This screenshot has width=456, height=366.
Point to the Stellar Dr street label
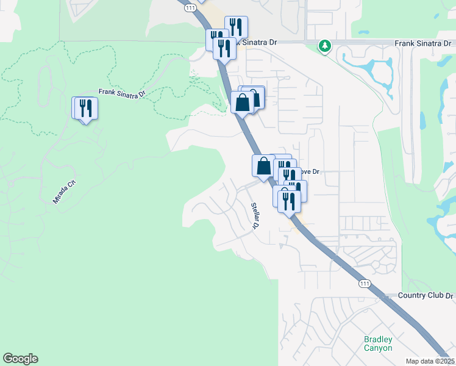255,216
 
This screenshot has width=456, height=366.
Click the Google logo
20,359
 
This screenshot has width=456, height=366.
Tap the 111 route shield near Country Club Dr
365,284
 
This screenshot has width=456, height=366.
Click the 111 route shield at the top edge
191,7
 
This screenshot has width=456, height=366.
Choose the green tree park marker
326,46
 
